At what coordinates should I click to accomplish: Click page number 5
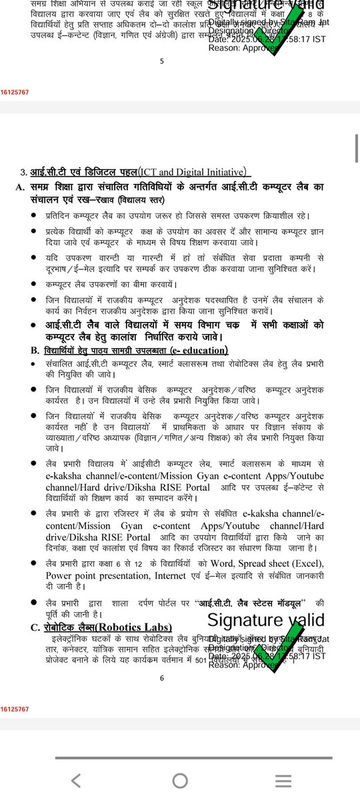[x=162, y=61]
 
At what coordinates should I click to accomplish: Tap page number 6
[x=162, y=678]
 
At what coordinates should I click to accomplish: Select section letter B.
[x=34, y=350]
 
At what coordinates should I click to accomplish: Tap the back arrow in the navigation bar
[x=76, y=781]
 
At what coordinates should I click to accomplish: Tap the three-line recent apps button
[x=283, y=781]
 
